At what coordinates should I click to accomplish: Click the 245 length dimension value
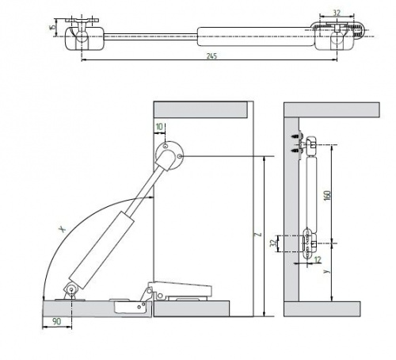[x=211, y=56]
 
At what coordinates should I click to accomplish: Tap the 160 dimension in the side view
[x=327, y=195]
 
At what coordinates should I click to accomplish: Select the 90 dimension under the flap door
[x=56, y=321]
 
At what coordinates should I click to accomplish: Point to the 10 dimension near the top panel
[x=159, y=127]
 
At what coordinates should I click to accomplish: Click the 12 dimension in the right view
[x=318, y=260]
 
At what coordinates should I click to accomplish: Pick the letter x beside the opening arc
[x=63, y=229]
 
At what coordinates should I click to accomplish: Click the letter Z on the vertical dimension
[x=259, y=234]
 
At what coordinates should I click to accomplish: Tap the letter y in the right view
[x=327, y=271]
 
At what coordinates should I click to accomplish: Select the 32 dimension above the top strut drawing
[x=337, y=13]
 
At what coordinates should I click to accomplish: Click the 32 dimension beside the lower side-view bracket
[x=273, y=243]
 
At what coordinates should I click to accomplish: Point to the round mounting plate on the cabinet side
[x=169, y=155]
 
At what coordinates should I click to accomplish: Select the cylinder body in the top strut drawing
[x=256, y=36]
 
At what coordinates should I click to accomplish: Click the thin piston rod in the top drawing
[x=150, y=36]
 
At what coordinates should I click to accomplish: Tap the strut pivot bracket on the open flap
[x=70, y=291]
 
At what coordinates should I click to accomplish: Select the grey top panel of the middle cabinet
[x=200, y=110]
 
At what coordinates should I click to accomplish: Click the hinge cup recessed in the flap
[x=131, y=307]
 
